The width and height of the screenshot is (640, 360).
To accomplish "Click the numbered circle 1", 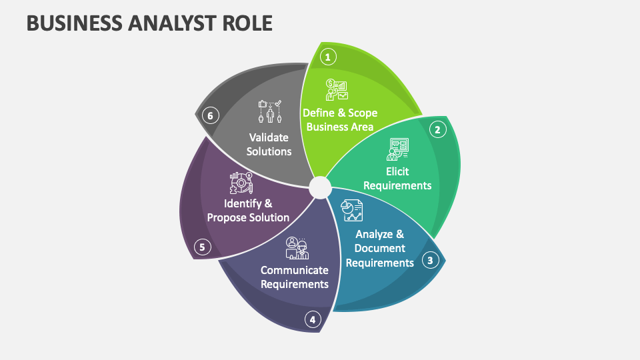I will (327, 57).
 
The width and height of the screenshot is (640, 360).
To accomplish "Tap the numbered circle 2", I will (437, 129).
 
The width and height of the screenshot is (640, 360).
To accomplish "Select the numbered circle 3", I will (431, 260).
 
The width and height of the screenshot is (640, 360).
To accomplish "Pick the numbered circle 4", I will (312, 320).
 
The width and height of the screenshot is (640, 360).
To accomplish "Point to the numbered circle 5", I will (203, 247).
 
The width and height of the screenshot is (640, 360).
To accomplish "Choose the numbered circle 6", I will (210, 116).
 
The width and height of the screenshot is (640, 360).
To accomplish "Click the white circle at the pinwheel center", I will (320, 187).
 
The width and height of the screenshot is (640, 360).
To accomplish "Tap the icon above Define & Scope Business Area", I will (336, 89).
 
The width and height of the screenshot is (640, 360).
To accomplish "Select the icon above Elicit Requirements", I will (397, 149).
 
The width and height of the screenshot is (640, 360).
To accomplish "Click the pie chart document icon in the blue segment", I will (351, 211).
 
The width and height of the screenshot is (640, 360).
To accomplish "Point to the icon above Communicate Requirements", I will (296, 247).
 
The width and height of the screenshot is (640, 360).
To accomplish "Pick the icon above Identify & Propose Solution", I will (241, 183).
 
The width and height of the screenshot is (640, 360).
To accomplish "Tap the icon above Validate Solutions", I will (269, 111).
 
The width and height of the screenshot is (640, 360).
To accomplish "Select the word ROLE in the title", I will (247, 23).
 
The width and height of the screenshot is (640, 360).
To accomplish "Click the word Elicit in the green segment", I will (397, 171).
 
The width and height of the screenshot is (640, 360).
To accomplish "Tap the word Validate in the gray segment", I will (269, 137).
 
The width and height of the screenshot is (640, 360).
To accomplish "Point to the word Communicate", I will (294, 270).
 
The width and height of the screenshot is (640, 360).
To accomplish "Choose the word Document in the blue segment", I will (380, 248).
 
